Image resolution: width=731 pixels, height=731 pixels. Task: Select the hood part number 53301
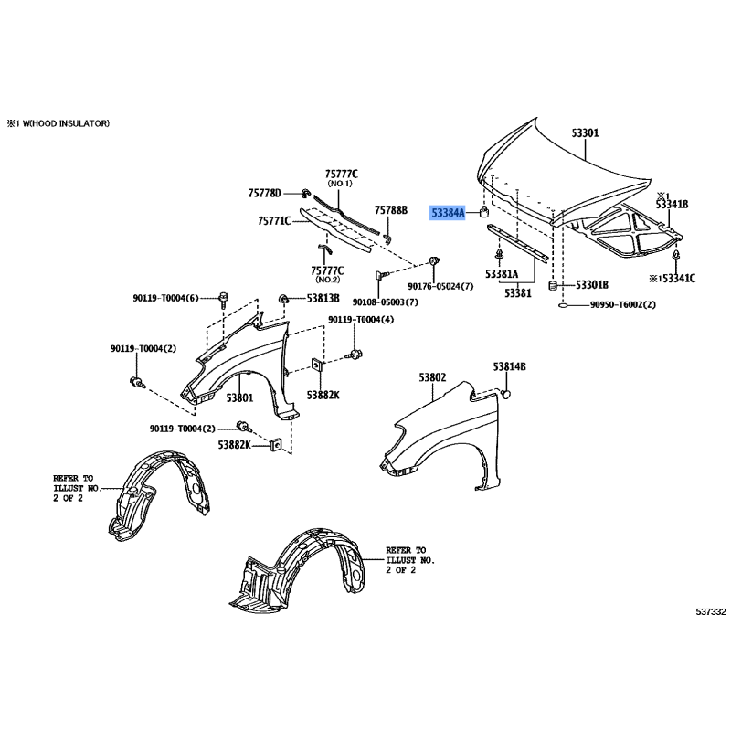[x=585, y=133]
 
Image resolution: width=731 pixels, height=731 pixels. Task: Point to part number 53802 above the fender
[x=432, y=376]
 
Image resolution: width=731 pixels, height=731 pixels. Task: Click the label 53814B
[x=510, y=367]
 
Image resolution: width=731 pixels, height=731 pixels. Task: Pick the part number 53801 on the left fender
[x=239, y=397]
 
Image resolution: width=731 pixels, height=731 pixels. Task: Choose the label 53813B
[x=323, y=299]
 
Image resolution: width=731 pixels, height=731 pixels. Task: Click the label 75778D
[x=265, y=193]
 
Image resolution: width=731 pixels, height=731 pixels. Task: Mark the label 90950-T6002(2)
[x=623, y=304]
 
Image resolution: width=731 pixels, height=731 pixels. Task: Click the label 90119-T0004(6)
[x=165, y=298]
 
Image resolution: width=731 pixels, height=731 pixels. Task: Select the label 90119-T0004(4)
[x=361, y=320]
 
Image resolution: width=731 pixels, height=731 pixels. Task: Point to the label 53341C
[x=675, y=279]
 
